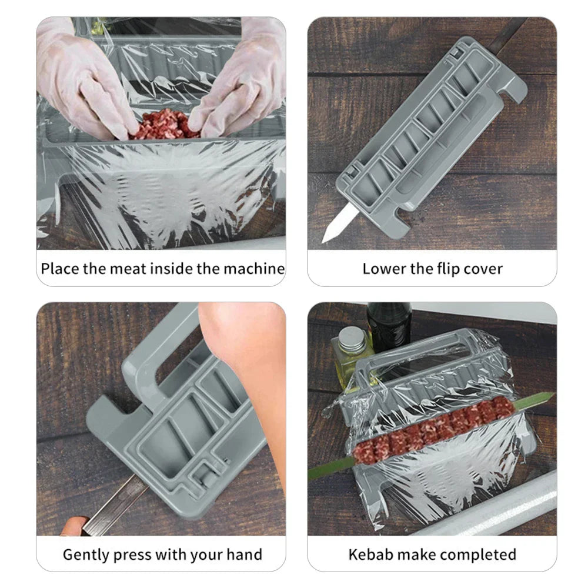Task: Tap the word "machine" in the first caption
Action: (x=254, y=269)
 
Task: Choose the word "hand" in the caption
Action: (x=243, y=554)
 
